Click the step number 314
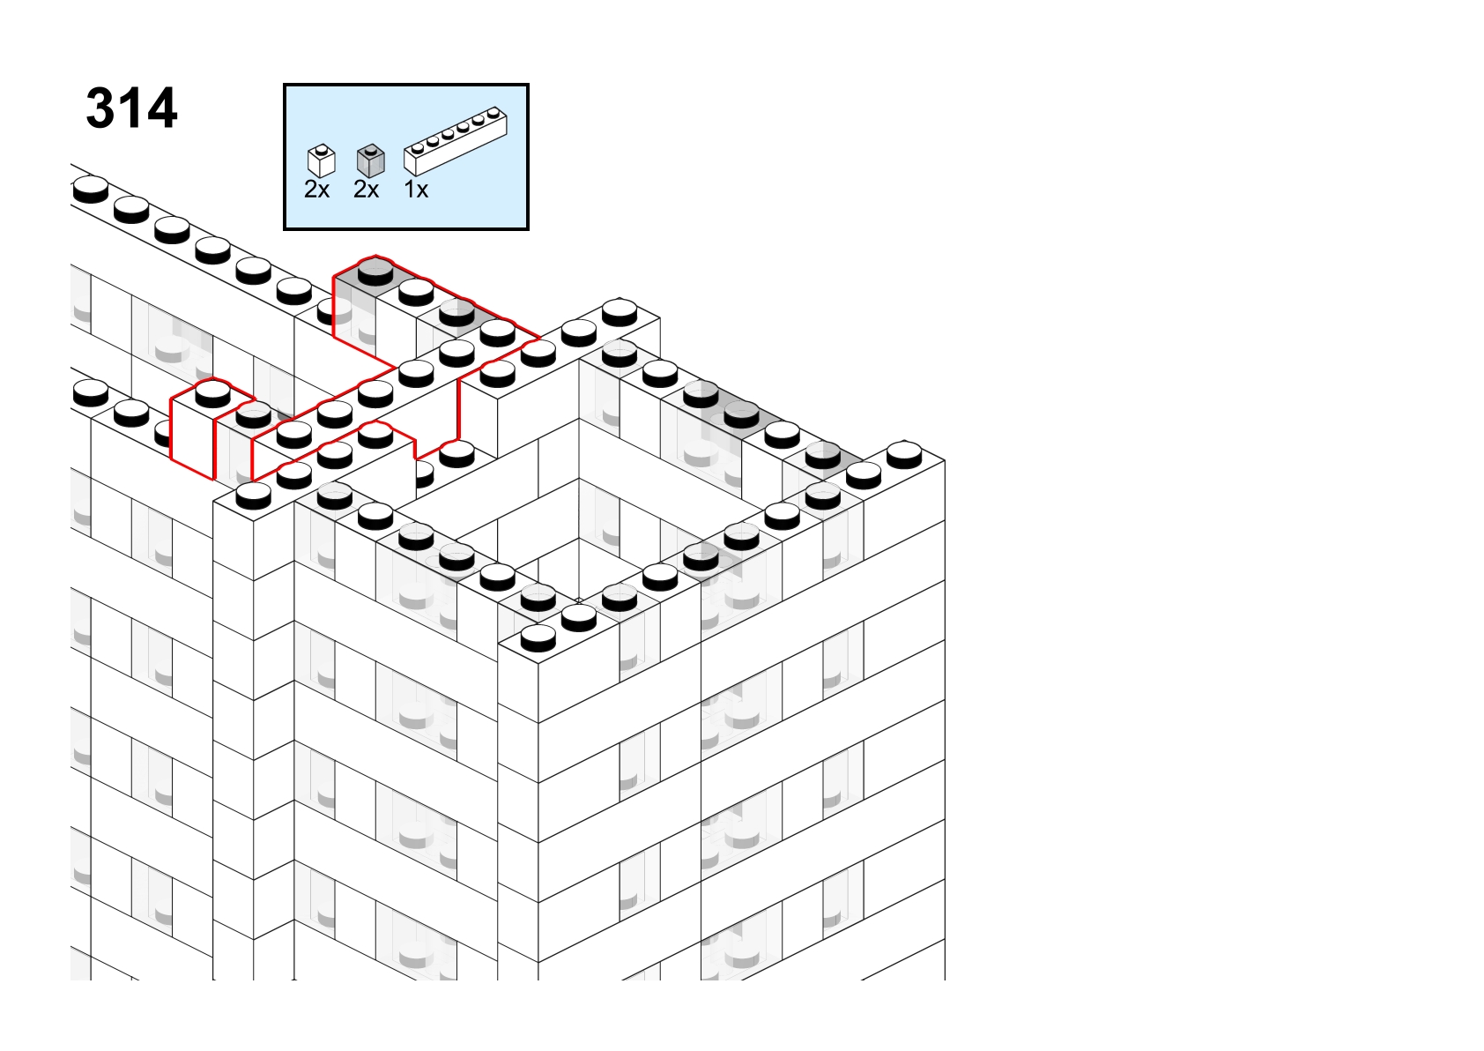131,108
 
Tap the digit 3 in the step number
100,108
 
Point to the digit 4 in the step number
161,108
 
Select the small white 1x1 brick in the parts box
322,161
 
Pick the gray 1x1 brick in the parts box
370,161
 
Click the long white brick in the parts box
456,141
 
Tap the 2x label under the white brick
316,190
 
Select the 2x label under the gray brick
366,190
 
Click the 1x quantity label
416,190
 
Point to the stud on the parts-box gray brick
370,149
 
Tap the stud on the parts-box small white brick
322,149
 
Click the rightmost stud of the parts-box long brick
493,112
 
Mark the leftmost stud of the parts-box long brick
418,148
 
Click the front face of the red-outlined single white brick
193,437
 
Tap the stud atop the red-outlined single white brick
212,393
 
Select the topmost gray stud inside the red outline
375,272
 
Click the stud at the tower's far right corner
905,455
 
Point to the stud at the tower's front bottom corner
538,637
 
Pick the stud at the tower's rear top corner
620,312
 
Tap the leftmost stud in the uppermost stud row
91,190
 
